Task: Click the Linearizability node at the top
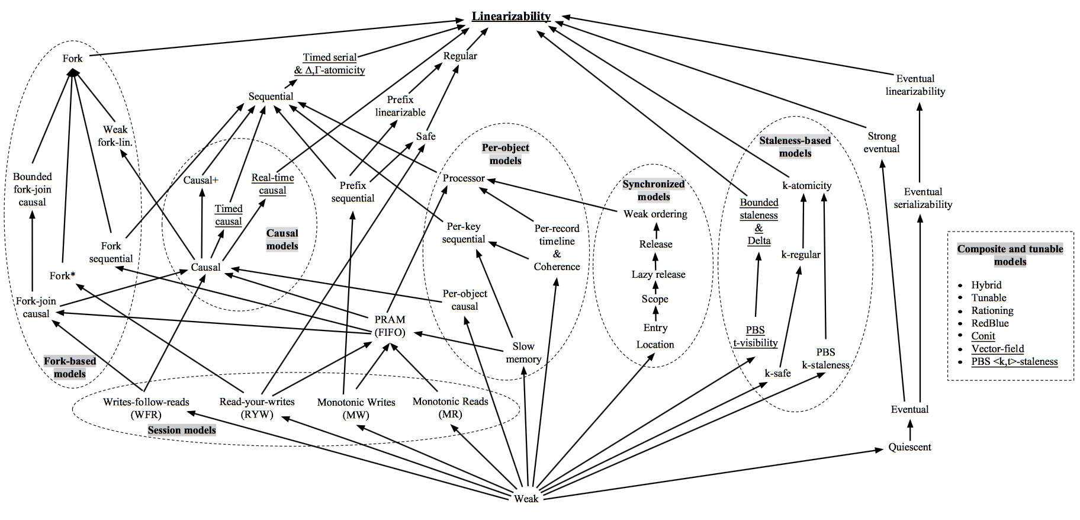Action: click(x=511, y=16)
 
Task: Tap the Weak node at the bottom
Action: click(x=526, y=498)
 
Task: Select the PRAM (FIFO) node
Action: click(x=390, y=326)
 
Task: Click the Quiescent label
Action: click(x=909, y=447)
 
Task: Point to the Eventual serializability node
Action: click(x=922, y=198)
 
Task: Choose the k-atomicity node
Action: click(x=806, y=185)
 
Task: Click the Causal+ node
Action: click(x=201, y=180)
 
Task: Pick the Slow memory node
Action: click(x=523, y=352)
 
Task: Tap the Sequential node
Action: click(x=271, y=96)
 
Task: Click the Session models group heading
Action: click(x=181, y=430)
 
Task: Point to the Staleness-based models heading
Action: click(x=795, y=147)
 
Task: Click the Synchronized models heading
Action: click(x=654, y=190)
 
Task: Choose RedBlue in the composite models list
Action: click(x=989, y=323)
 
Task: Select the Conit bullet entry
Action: click(x=983, y=336)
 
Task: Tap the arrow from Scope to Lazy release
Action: click(x=655, y=287)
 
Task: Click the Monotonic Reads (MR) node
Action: click(x=450, y=407)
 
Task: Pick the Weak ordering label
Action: click(x=655, y=214)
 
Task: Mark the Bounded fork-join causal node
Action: click(x=33, y=189)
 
